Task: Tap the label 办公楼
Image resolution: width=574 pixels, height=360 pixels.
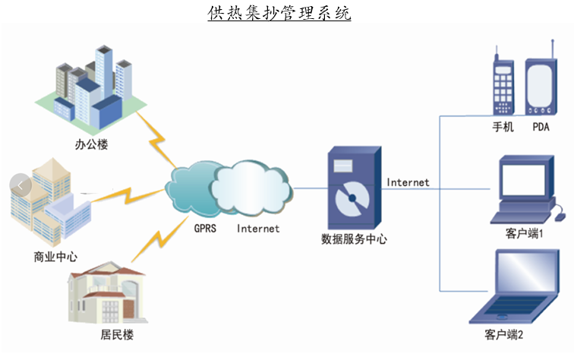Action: click(x=92, y=144)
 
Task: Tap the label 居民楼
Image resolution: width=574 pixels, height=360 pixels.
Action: click(x=106, y=335)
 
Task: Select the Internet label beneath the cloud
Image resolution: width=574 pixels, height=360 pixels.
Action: click(x=258, y=228)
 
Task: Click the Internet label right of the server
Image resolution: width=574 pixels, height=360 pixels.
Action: click(x=408, y=182)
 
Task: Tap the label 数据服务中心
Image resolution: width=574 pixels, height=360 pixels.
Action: click(x=354, y=239)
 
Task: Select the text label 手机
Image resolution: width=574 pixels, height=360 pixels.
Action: click(x=503, y=127)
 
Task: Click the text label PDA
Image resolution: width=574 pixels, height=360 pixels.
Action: click(x=541, y=127)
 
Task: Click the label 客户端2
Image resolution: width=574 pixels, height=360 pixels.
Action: click(x=504, y=335)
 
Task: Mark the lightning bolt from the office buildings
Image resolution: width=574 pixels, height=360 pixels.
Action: click(x=159, y=145)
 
